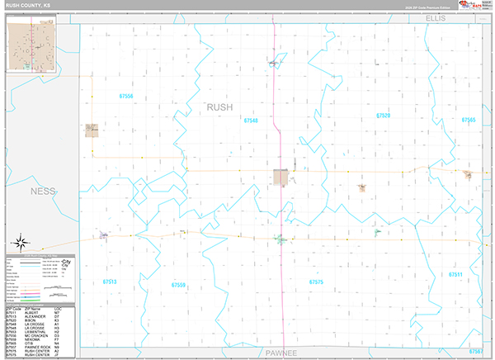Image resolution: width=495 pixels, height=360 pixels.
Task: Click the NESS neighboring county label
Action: tap(42, 191)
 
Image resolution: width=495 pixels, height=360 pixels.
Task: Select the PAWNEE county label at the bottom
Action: tap(282, 352)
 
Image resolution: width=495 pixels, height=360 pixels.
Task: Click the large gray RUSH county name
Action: tap(219, 107)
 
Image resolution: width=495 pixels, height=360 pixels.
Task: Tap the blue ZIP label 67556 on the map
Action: tap(125, 96)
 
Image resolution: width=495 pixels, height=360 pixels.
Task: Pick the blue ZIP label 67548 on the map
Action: tap(251, 121)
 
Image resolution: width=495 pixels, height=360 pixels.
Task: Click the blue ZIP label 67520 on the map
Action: tap(383, 116)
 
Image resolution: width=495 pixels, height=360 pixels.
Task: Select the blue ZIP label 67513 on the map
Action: tap(110, 282)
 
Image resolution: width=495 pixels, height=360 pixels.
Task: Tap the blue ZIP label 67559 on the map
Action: tap(178, 285)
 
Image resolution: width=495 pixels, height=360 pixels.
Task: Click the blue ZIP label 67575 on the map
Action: tap(316, 282)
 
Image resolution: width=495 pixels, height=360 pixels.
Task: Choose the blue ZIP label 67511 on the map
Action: tap(455, 273)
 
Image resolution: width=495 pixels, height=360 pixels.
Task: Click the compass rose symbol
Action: tap(23, 244)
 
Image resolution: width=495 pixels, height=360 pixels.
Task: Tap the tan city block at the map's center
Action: tap(281, 177)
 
